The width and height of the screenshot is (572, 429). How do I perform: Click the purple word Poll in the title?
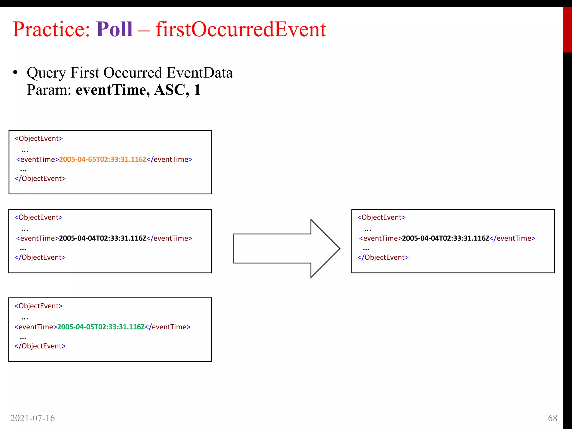pos(114,29)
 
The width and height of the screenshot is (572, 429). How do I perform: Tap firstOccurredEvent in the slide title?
pos(241,29)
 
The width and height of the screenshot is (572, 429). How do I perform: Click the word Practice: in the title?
pos(51,29)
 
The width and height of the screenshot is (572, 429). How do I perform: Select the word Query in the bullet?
pos(46,73)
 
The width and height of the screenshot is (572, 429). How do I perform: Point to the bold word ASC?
pos(170,90)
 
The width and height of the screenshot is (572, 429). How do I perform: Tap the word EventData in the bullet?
pos(199,73)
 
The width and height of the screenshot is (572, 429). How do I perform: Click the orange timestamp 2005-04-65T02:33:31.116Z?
pos(103,159)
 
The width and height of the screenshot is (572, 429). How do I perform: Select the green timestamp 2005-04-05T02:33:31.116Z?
pos(101,327)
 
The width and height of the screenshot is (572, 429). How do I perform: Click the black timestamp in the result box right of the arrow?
pos(445,238)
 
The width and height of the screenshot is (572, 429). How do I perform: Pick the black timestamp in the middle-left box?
pos(103,238)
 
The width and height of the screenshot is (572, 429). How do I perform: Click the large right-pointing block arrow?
pos(286,248)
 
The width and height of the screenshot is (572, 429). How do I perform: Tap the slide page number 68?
pos(552,418)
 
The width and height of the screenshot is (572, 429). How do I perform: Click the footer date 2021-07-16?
pos(33,418)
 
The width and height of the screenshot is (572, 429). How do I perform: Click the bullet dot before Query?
pos(15,73)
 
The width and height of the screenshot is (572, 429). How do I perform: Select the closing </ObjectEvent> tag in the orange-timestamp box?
pos(40,178)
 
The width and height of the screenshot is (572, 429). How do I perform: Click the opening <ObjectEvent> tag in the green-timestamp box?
pos(39,306)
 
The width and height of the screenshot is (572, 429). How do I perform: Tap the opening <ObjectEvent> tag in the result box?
pos(382,217)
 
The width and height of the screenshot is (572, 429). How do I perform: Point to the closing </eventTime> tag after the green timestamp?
pos(168,327)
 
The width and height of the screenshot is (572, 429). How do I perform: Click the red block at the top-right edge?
pos(567,30)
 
